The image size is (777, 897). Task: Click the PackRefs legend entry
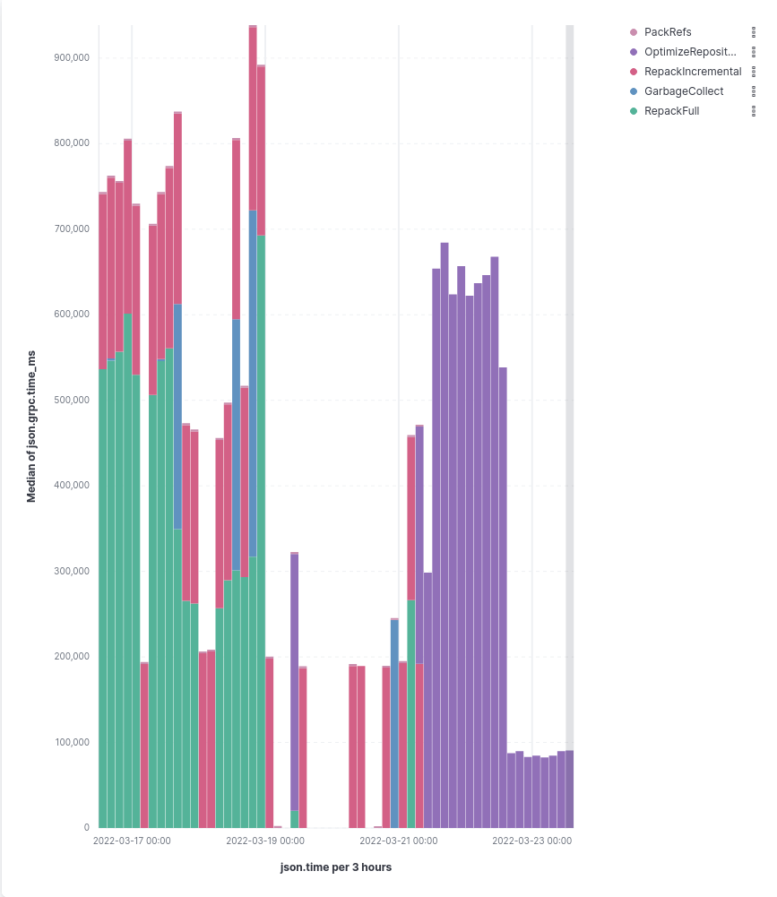coord(668,32)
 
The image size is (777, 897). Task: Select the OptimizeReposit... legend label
coord(689,52)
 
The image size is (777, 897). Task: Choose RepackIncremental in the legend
coord(693,72)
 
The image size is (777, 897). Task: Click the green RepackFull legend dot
coord(634,111)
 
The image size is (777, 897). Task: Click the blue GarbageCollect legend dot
coord(634,91)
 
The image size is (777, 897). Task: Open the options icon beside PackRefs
coord(754,32)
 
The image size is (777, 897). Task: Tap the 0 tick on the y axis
coord(86,827)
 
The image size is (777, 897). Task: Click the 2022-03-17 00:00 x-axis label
coord(132,841)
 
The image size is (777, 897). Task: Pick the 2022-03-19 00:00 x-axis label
coord(265,841)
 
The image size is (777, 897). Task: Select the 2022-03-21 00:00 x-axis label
coord(398,841)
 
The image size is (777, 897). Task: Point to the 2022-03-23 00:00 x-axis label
coord(531,841)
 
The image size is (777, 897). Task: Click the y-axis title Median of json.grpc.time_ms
coord(31,427)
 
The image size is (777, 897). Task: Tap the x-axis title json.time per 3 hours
coord(336,867)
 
